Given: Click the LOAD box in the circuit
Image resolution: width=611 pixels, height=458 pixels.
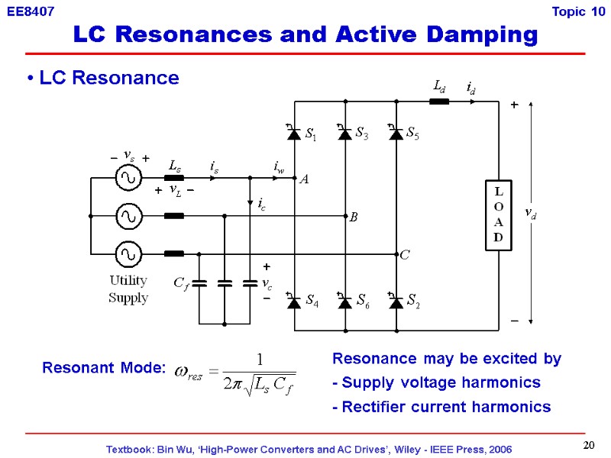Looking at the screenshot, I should (x=498, y=216).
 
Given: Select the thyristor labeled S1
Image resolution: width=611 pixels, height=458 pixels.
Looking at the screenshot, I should (x=293, y=134).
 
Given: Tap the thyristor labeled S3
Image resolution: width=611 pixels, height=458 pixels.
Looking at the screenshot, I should (x=344, y=134).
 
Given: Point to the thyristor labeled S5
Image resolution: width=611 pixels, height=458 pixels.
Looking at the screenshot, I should (x=396, y=134).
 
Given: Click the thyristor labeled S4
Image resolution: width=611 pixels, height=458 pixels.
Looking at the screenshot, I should (x=293, y=302).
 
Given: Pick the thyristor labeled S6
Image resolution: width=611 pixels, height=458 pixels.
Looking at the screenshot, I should (x=344, y=302).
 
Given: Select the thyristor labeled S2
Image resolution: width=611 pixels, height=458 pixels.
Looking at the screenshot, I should (x=396, y=302).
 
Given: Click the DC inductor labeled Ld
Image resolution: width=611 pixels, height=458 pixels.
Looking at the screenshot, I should (x=439, y=102).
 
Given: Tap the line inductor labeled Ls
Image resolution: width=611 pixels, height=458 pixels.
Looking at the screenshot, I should (x=175, y=179).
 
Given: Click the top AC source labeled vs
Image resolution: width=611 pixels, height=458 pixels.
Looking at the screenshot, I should (x=128, y=179).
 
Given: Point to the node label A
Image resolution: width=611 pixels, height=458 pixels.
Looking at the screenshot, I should (x=304, y=179).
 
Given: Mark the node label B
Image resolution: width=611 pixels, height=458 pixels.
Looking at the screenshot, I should (x=354, y=218).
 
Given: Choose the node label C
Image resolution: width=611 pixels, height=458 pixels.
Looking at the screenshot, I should (x=404, y=256).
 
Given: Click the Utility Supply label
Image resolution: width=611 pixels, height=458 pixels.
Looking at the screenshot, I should (x=128, y=289).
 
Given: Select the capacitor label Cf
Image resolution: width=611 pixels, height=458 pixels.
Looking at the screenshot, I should (x=181, y=284).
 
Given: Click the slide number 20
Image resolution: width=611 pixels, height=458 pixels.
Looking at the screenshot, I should (x=588, y=445).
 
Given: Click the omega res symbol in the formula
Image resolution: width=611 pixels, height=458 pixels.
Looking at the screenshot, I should (x=190, y=370).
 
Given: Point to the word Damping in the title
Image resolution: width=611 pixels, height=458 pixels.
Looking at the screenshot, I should (x=472, y=34).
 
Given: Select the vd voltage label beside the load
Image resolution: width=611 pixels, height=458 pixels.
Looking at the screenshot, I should (x=529, y=216).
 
